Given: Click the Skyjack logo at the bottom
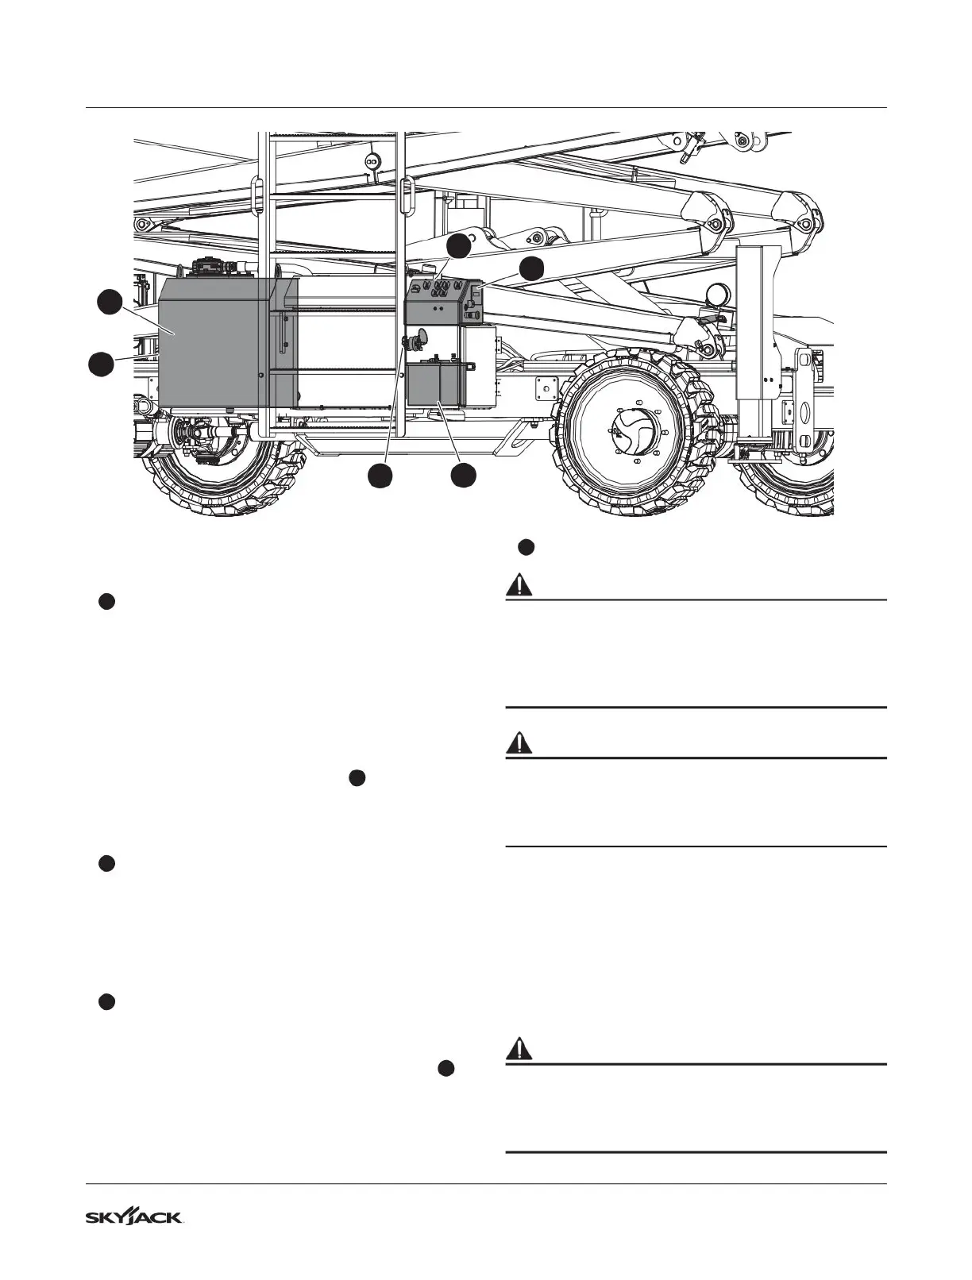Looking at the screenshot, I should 135,1217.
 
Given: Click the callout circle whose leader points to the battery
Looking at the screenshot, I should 463,476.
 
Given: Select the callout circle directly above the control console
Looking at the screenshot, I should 458,246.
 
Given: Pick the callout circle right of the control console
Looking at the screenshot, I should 532,268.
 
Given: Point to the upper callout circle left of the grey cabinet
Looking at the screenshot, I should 110,303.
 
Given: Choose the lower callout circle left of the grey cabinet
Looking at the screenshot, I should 99,365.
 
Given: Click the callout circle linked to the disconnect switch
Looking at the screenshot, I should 380,476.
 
